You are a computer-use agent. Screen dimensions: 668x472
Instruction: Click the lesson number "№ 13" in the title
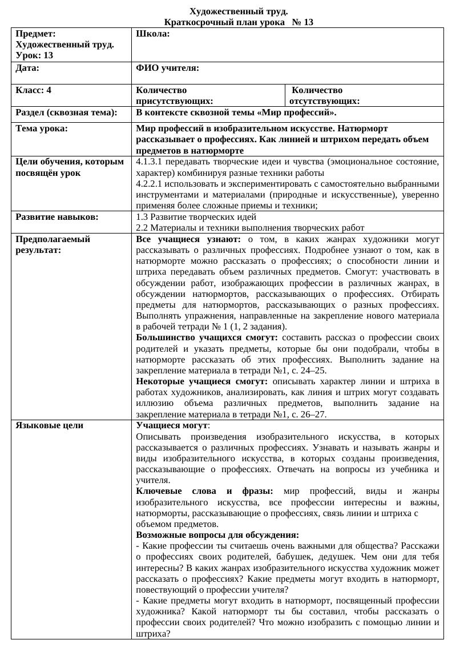click(302, 22)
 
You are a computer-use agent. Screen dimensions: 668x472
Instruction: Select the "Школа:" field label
click(153, 34)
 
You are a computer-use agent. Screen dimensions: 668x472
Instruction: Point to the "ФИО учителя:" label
click(167, 68)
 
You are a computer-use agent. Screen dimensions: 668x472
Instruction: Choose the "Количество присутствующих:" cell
click(169, 96)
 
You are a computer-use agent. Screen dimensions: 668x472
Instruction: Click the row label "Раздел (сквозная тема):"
click(66, 112)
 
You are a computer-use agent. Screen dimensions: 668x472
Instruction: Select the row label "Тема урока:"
click(42, 128)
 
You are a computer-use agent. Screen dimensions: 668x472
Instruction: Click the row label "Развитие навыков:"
click(57, 217)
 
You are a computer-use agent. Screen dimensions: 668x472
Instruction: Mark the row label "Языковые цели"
click(49, 425)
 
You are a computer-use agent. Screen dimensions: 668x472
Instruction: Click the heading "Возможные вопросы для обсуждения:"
click(217, 535)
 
